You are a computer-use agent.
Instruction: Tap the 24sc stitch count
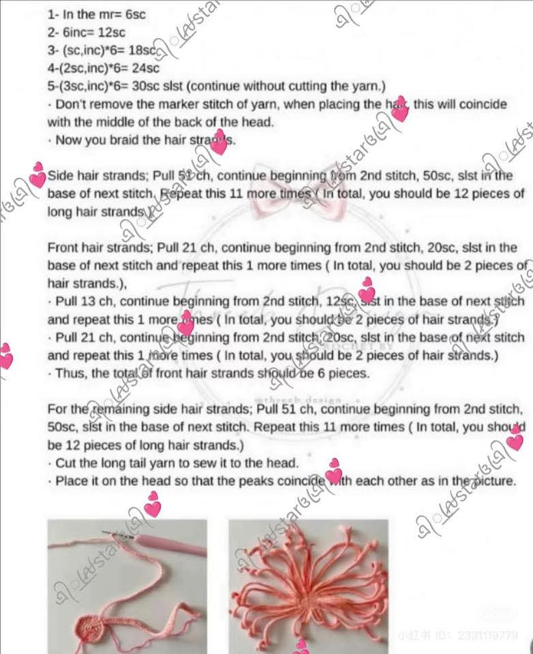(x=146, y=67)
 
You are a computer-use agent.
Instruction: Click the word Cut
(x=65, y=463)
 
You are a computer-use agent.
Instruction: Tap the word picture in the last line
(x=491, y=480)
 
